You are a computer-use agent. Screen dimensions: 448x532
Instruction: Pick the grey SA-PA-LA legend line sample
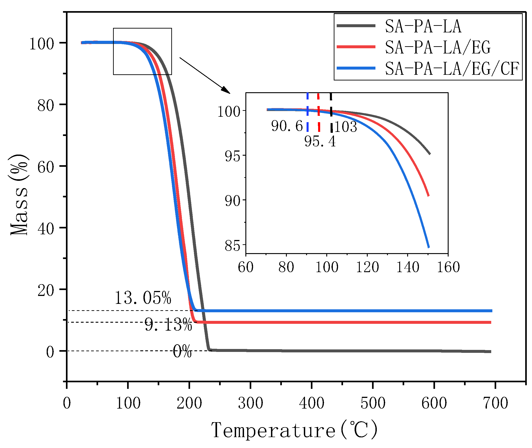click(356, 26)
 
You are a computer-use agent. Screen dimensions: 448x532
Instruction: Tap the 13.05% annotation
click(143, 298)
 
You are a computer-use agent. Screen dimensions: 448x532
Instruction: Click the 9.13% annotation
click(168, 325)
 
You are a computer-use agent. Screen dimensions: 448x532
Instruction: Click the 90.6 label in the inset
click(287, 126)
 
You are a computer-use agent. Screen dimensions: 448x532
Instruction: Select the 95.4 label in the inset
click(320, 141)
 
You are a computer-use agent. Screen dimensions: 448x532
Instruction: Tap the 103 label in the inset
click(346, 127)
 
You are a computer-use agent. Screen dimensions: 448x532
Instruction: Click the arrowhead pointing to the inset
click(226, 90)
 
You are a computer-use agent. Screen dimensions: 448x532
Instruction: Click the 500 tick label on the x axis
click(373, 403)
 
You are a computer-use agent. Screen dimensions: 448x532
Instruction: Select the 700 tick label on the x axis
click(495, 403)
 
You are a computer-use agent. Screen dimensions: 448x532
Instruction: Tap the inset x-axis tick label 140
click(408, 267)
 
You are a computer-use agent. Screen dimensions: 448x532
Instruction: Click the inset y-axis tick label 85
click(232, 246)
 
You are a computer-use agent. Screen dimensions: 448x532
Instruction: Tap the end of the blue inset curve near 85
click(429, 247)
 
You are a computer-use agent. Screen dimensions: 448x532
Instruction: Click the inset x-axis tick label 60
click(246, 267)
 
